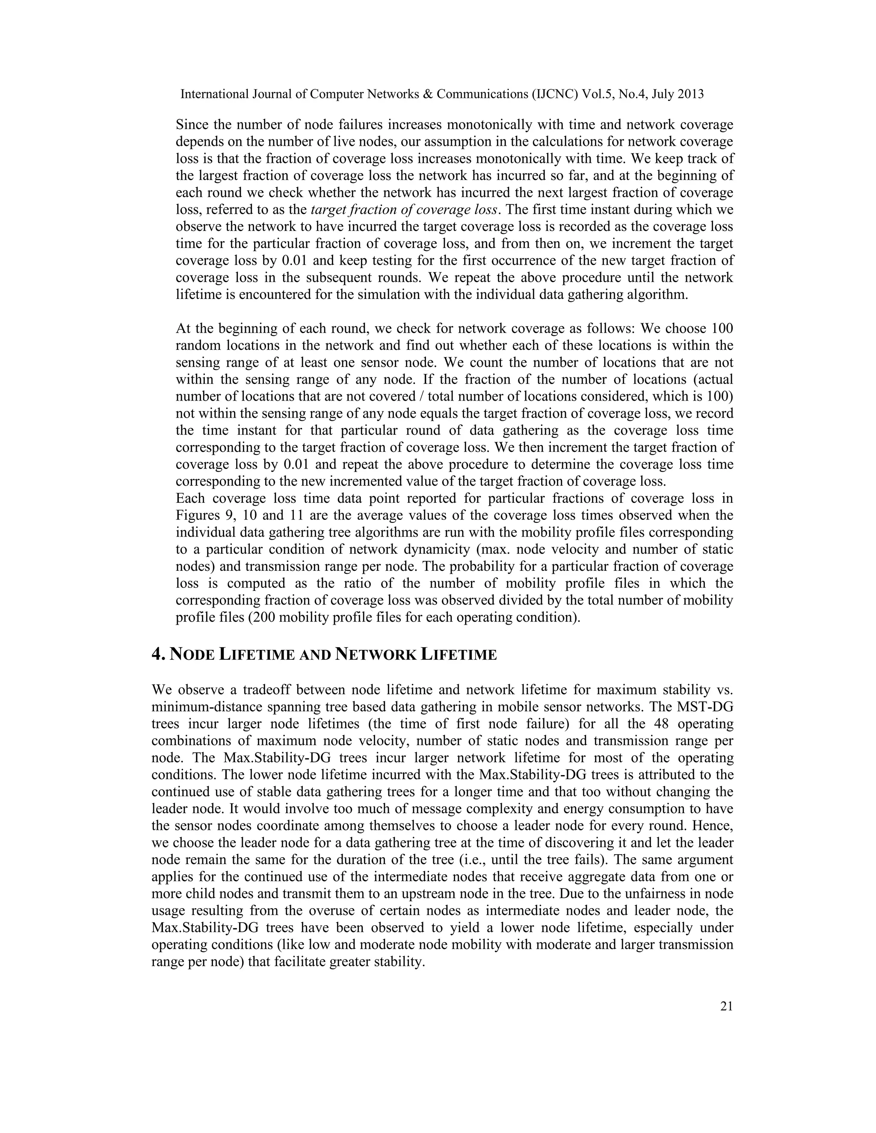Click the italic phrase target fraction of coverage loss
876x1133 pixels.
405,209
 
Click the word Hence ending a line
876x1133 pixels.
713,826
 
